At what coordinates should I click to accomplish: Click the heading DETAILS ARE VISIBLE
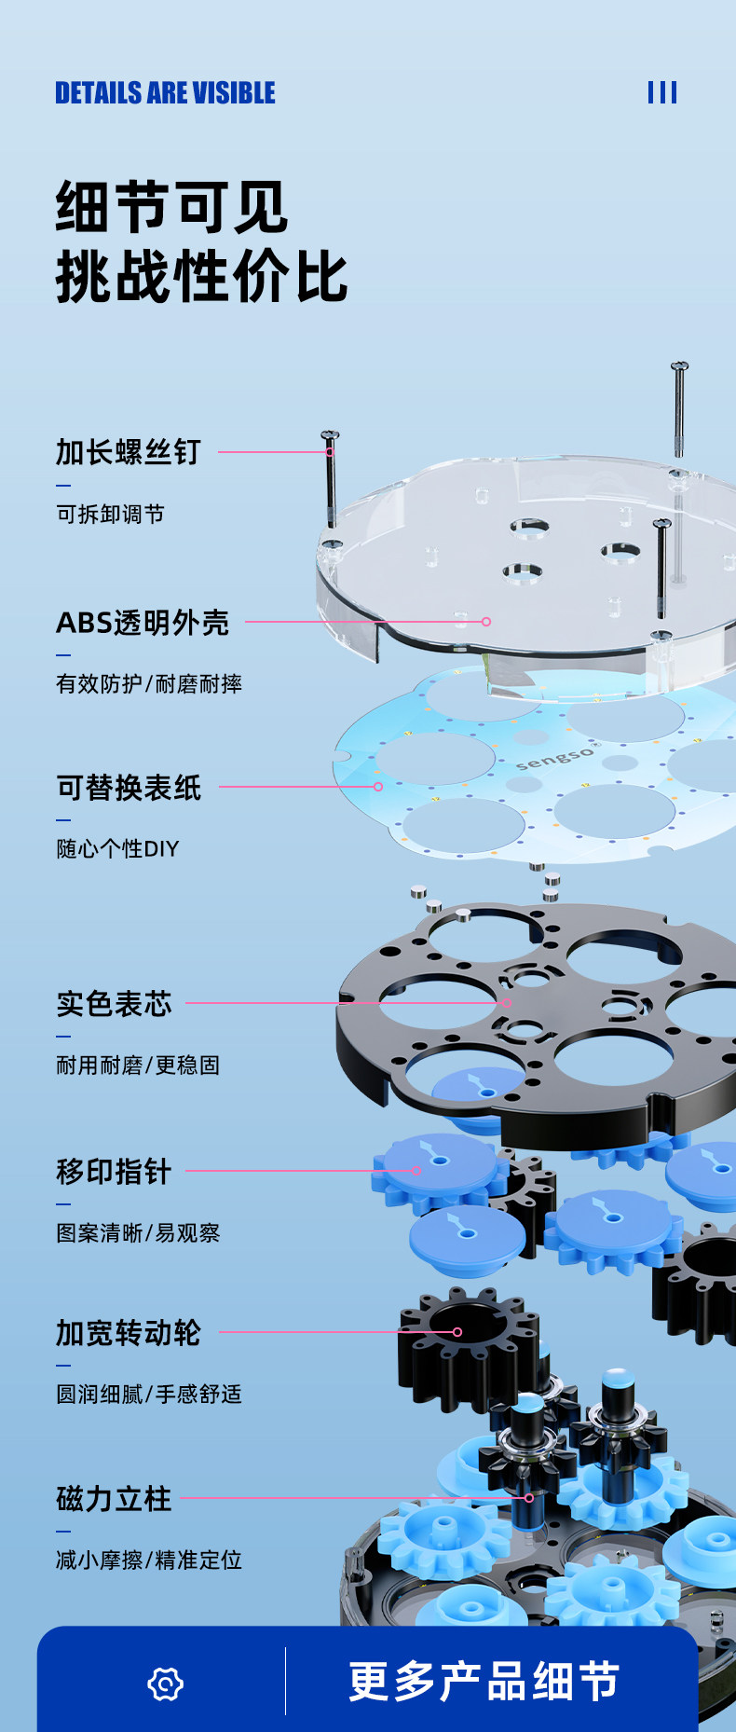(x=165, y=93)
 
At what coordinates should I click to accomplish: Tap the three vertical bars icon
(x=662, y=92)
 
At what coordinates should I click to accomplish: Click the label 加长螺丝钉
(x=129, y=452)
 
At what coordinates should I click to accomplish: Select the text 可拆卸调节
(x=110, y=515)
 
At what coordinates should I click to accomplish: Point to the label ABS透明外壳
(x=143, y=623)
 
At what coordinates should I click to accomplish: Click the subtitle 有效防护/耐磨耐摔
(x=149, y=684)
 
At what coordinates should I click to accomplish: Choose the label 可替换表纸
(x=129, y=789)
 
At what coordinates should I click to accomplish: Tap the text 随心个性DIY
(x=117, y=849)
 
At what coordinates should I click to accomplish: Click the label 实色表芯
(x=115, y=1004)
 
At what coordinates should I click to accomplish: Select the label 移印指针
(x=114, y=1172)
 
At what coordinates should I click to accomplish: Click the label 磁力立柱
(x=114, y=1499)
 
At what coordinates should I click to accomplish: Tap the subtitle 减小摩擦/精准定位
(x=149, y=1560)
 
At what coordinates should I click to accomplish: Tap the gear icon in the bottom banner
(x=166, y=1684)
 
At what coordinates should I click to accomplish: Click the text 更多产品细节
(x=484, y=1683)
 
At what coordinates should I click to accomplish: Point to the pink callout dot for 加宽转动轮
(x=457, y=1332)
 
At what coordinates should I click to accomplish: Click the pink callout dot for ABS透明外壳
(x=486, y=622)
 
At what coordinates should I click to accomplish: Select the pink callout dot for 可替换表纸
(x=378, y=787)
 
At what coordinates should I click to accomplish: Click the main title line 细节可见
(x=171, y=207)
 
